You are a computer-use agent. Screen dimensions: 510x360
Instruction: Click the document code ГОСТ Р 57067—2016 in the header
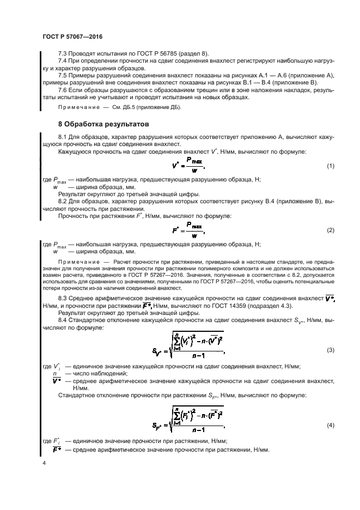click(x=72, y=36)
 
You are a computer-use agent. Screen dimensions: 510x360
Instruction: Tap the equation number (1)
click(x=330, y=166)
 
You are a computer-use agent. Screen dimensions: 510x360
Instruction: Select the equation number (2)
click(x=330, y=230)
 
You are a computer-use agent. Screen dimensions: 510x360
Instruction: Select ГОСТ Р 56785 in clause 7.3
click(x=143, y=54)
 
